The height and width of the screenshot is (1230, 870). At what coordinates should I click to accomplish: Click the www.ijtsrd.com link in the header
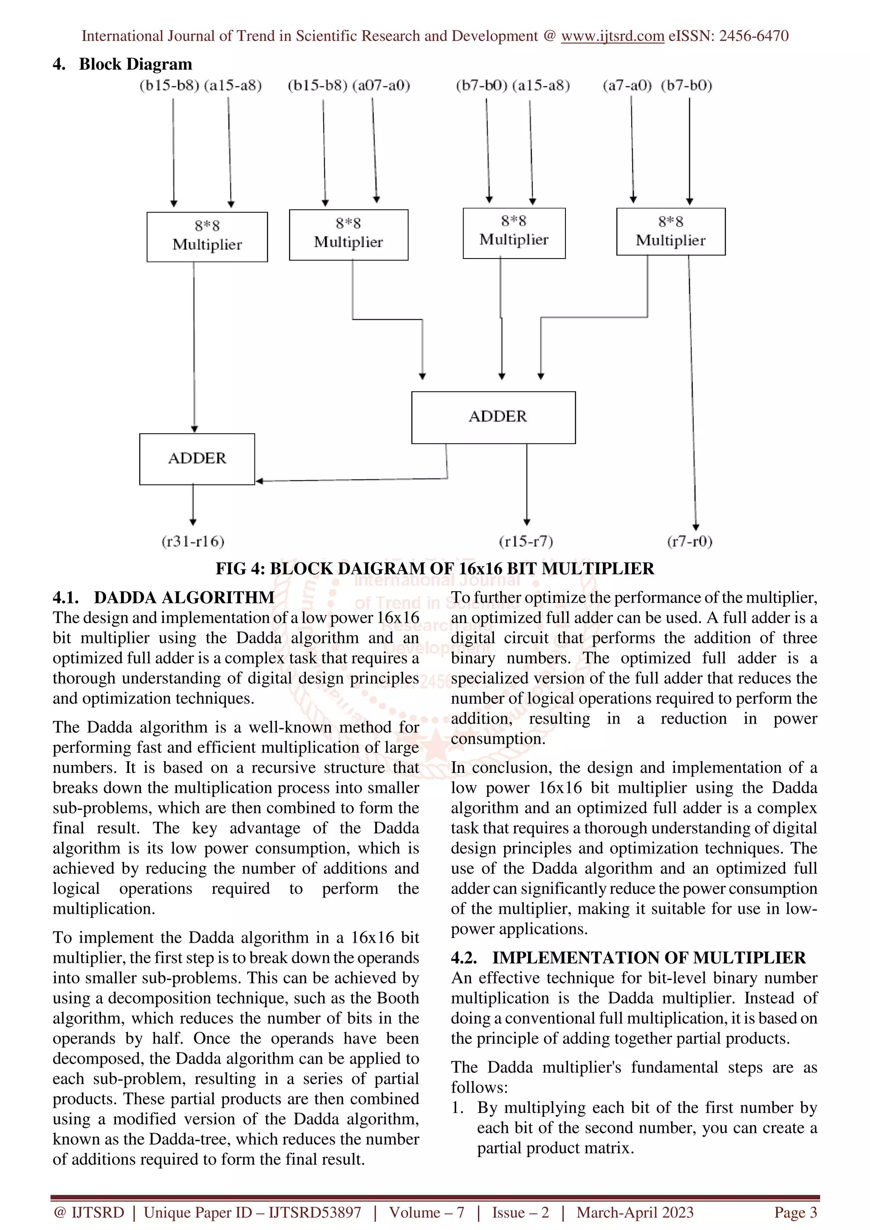coord(612,36)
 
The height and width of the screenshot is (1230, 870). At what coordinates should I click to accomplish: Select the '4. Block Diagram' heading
coord(122,64)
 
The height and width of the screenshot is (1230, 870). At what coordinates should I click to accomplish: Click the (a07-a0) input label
coord(381,86)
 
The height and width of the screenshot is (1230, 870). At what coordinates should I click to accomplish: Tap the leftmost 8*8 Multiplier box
coord(207,236)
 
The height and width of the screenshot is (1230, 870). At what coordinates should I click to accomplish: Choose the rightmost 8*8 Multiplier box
coord(671,231)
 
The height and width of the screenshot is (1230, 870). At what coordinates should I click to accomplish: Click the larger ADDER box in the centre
coord(493,417)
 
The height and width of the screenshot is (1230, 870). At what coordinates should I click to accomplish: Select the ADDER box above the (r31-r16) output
coord(197,458)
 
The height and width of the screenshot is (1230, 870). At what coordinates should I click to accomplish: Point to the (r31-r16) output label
coord(193,542)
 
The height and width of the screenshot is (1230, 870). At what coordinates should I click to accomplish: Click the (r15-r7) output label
coord(526,542)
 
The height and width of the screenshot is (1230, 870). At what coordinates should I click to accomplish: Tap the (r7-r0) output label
coord(689,542)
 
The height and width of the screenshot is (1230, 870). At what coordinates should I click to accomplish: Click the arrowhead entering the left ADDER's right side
coord(260,481)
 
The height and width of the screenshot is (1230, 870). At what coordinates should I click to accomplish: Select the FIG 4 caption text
coord(435,568)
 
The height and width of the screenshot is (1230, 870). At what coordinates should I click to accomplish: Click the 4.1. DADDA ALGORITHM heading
coord(164,597)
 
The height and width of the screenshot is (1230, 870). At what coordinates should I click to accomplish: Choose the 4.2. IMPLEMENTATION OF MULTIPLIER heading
coord(628,958)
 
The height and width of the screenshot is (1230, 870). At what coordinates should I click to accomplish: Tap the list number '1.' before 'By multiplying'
coord(457,1108)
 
